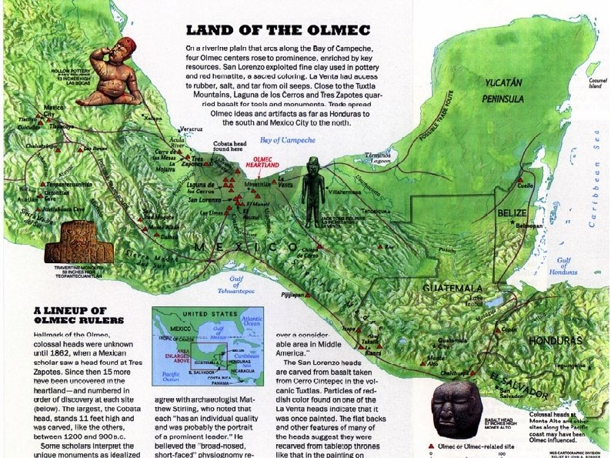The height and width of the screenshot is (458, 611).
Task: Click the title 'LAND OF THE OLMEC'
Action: (x=278, y=31)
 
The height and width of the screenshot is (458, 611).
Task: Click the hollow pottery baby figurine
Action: (x=110, y=76)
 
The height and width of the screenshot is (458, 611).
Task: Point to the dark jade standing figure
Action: (x=313, y=192)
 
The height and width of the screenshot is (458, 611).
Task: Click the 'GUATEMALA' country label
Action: (x=452, y=288)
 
